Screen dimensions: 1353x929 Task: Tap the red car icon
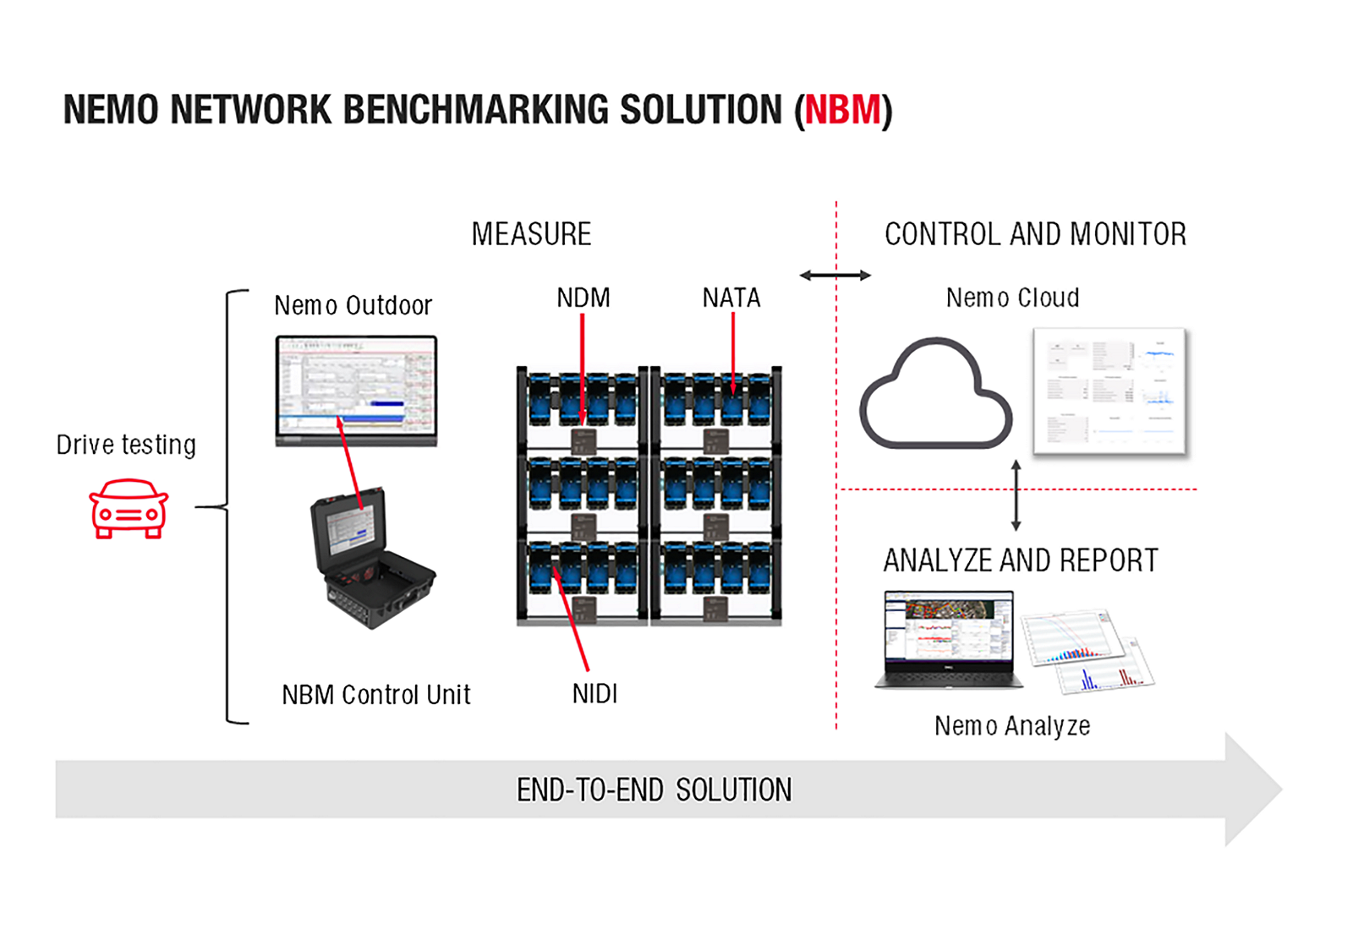click(129, 508)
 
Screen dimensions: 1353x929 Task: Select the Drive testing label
click(126, 445)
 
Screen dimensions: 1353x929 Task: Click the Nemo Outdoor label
click(353, 305)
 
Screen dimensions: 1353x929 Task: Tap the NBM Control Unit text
click(375, 695)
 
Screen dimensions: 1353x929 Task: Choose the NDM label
click(583, 298)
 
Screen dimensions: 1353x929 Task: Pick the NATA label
click(731, 298)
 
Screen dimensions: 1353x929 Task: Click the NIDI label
click(595, 694)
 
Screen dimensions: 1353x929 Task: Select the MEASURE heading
click(532, 234)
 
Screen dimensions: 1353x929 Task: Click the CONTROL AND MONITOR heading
click(1036, 234)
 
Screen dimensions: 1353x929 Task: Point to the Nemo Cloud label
click(1013, 298)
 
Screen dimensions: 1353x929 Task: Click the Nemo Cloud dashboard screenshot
click(1110, 391)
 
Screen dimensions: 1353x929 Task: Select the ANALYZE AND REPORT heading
click(1021, 560)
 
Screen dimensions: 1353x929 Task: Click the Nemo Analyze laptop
click(949, 639)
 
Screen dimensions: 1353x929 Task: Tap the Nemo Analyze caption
click(1012, 726)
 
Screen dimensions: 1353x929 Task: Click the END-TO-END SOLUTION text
click(655, 790)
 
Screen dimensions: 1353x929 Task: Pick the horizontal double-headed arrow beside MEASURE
click(835, 276)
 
